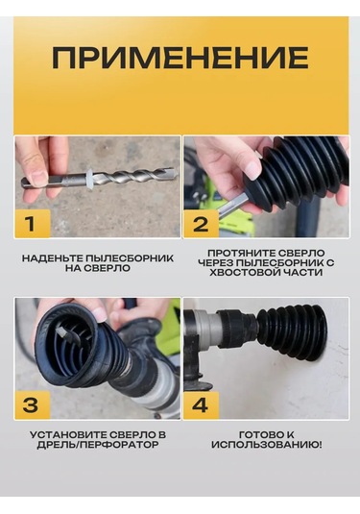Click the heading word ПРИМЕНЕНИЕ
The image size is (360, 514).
point(180,58)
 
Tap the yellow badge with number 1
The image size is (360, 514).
point(32,223)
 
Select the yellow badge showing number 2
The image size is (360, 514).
point(201,223)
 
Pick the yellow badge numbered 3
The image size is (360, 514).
point(32,404)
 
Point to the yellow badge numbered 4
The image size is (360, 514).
point(201,404)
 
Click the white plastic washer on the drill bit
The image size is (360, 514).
point(89,177)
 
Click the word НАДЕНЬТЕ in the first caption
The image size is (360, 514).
point(52,258)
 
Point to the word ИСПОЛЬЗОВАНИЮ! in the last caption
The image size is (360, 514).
point(266,445)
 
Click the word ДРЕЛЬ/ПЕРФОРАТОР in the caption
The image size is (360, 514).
point(98,445)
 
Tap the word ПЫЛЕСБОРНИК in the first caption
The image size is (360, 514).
point(129,258)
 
